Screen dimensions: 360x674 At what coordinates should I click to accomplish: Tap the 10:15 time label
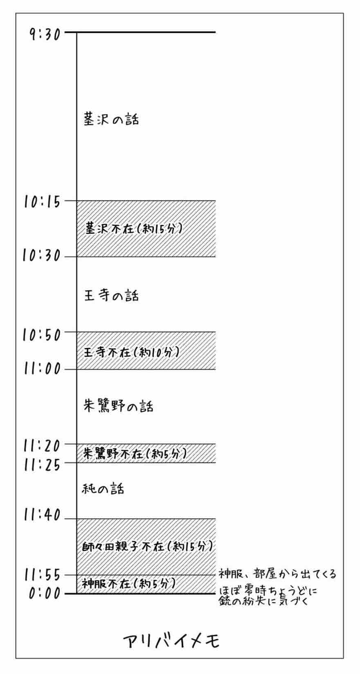(42, 202)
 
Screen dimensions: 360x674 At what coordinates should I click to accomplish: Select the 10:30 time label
(42, 256)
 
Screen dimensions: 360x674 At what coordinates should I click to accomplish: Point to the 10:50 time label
(42, 335)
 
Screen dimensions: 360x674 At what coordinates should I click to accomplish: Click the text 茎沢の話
(111, 119)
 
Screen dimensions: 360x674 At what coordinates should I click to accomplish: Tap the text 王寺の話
(111, 295)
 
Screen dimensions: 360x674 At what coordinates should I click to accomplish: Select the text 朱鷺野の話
(118, 406)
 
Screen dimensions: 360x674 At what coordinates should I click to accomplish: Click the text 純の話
(103, 489)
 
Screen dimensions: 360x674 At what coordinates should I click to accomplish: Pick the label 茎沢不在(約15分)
(133, 228)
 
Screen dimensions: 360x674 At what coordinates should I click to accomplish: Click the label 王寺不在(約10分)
(131, 352)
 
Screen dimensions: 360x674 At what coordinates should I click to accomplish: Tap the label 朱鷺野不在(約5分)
(135, 453)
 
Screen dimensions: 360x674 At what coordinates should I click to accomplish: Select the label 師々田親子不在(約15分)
(147, 546)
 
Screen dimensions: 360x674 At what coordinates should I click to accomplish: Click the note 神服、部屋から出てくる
(277, 574)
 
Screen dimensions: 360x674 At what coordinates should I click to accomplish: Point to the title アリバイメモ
(171, 641)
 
